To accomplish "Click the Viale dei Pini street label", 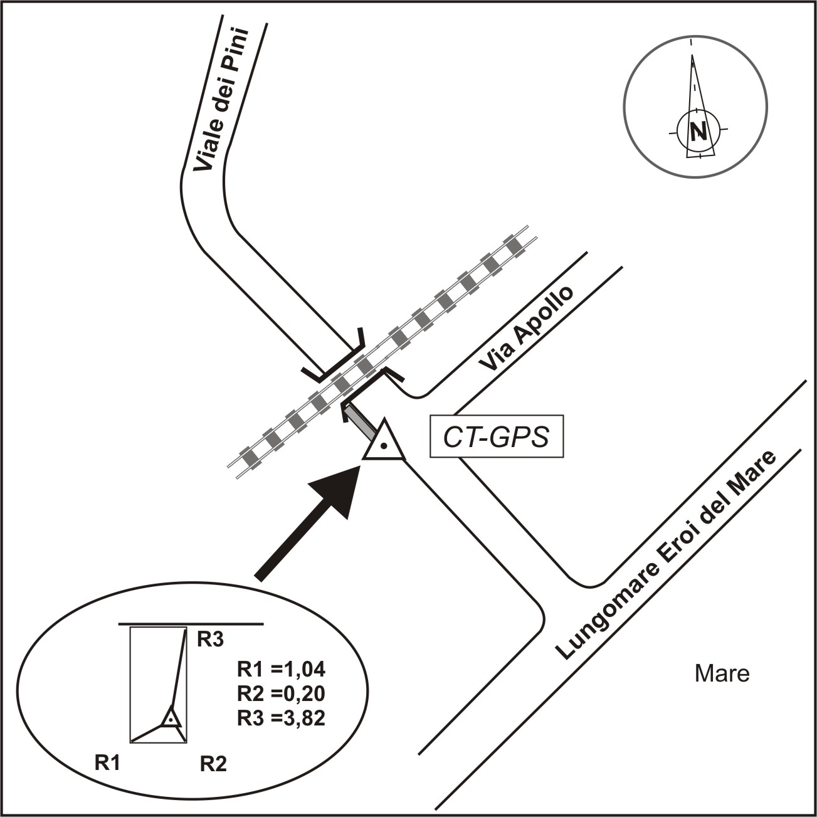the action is coord(219,100).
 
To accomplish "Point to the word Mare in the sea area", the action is coord(722,674).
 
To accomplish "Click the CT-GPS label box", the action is coord(495,436).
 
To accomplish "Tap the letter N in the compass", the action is coord(697,132).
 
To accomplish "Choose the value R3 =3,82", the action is coord(282,719).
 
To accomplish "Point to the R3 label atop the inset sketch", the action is coord(211,640).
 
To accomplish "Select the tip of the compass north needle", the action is coord(692,56).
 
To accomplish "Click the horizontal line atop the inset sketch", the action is coord(191,624).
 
